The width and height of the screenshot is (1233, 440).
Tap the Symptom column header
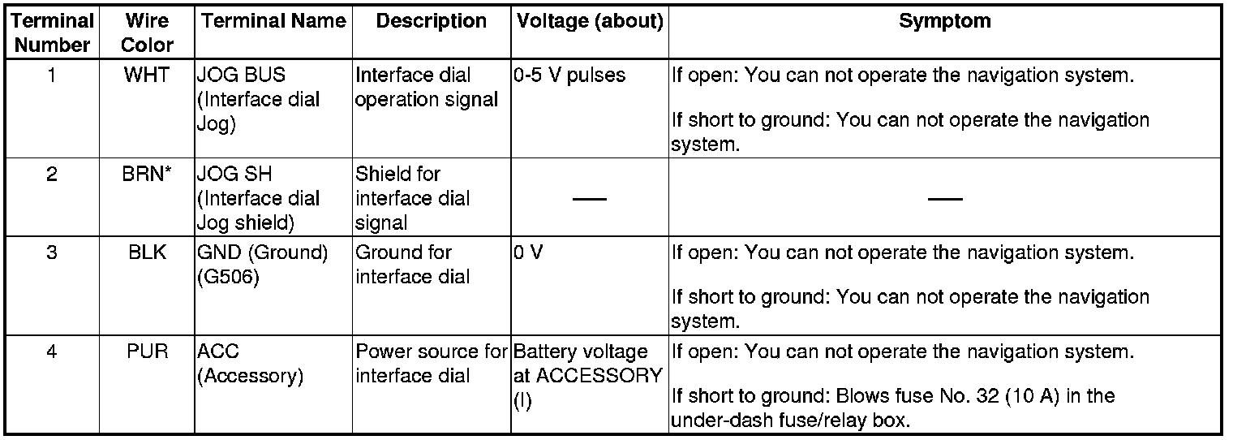(x=944, y=22)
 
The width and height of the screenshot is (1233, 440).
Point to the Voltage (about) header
(x=589, y=22)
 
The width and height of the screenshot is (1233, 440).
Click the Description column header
(x=432, y=22)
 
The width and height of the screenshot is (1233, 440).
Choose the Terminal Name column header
(x=273, y=22)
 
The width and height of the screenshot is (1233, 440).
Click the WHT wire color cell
(x=147, y=75)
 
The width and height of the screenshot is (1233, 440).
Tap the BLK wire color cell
(x=147, y=252)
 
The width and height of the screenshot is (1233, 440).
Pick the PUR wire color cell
(x=147, y=352)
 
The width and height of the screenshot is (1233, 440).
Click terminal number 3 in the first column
(x=52, y=252)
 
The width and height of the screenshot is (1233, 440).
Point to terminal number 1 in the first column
(x=52, y=75)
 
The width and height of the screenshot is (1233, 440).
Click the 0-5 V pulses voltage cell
(x=569, y=75)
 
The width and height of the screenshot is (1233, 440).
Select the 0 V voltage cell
(x=528, y=252)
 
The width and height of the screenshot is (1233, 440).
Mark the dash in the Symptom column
(x=945, y=199)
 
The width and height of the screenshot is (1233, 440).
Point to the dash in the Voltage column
(x=589, y=199)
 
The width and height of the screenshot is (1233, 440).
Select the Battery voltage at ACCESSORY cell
(x=587, y=365)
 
